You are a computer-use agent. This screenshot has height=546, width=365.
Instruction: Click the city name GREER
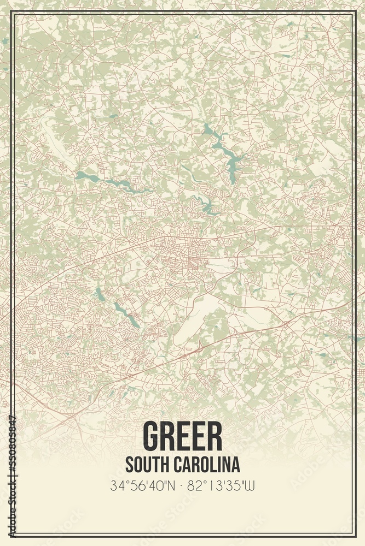point(182,436)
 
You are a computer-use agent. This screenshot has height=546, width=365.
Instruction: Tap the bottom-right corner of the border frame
point(354,535)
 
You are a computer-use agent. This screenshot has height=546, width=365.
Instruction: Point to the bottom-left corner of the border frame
point(11,535)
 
